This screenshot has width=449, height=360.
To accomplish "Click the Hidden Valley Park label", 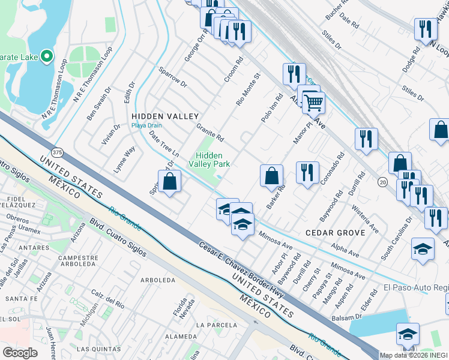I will (209, 159).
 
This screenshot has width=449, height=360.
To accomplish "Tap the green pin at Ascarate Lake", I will (47, 58).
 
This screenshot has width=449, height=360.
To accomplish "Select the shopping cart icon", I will (313, 103).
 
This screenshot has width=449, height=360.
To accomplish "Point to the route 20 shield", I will (382, 181).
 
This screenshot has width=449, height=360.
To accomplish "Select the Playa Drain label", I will (147, 125).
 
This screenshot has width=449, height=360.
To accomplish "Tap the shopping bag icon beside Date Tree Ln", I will (170, 181).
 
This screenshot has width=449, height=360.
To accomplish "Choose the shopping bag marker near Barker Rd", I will (271, 176).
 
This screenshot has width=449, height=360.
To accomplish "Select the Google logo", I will (20, 352).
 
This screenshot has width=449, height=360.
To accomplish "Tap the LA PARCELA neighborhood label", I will (218, 325).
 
